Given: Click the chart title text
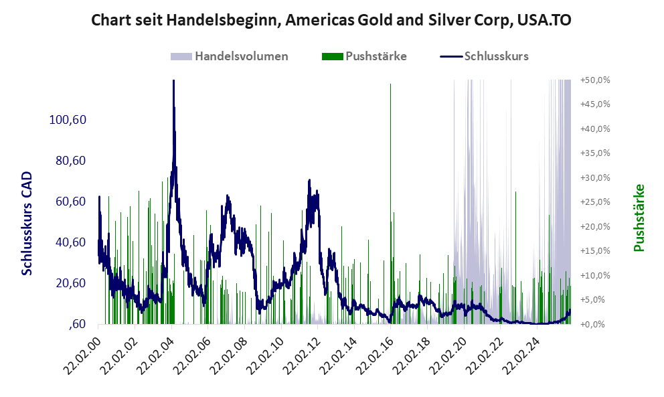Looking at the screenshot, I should [x=331, y=21].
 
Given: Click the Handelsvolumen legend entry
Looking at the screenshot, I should [x=241, y=56].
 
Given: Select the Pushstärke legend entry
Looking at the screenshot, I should [x=376, y=56].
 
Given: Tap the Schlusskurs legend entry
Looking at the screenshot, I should [x=496, y=56].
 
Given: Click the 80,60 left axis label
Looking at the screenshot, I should [x=69, y=161].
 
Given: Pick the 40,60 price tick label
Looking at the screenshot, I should [x=69, y=242].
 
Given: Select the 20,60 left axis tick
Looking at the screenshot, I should [x=69, y=283].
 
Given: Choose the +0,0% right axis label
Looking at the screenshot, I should [x=596, y=324].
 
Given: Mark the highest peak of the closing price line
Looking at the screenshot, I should [x=173, y=82].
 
